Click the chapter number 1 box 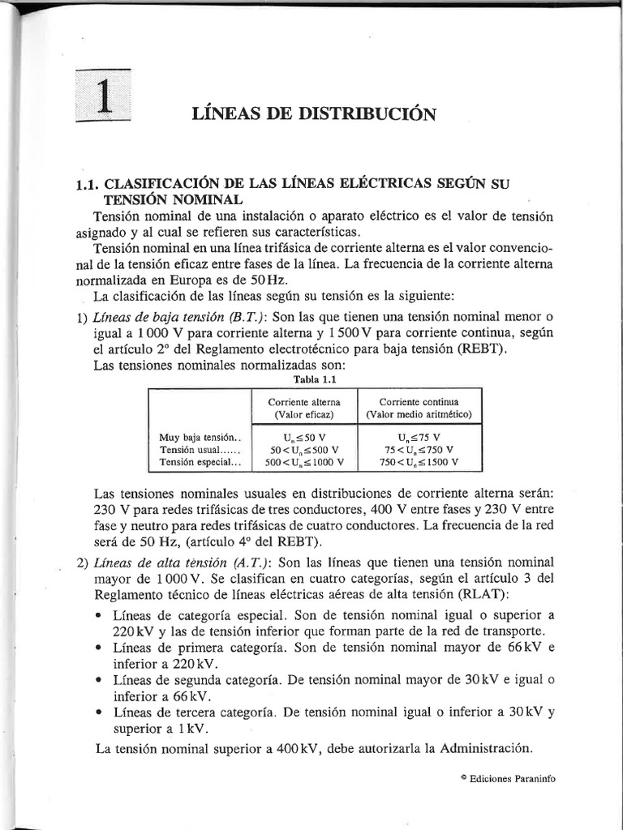click(103, 96)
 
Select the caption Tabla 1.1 click(311, 379)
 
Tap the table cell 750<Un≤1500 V click(419, 462)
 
